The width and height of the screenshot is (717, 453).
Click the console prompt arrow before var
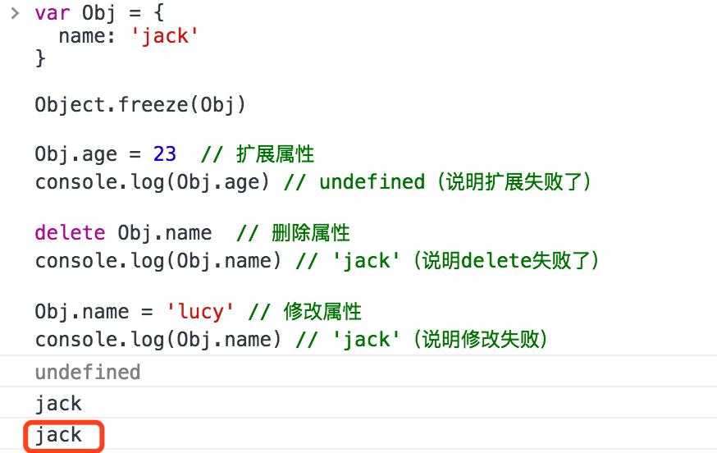tap(13, 13)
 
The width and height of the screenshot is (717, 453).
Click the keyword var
tap(53, 14)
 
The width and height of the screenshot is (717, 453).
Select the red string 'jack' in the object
tap(166, 37)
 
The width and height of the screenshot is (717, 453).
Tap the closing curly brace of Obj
tap(40, 58)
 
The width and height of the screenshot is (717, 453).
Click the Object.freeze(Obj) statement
tap(140, 104)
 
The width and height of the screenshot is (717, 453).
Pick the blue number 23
tap(164, 154)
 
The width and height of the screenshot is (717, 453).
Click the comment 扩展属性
tap(275, 154)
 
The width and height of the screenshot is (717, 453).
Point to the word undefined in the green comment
tap(372, 181)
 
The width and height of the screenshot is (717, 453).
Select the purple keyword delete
tap(70, 233)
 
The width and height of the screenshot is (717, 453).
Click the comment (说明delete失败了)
tap(506, 260)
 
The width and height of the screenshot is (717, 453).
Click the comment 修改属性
tap(322, 312)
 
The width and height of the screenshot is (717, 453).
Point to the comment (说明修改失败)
tap(482, 339)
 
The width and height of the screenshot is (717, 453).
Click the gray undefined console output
tap(88, 373)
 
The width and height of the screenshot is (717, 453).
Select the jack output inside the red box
tap(59, 435)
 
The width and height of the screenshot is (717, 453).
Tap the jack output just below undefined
tap(59, 404)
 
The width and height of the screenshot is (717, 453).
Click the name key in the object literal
tap(82, 37)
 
